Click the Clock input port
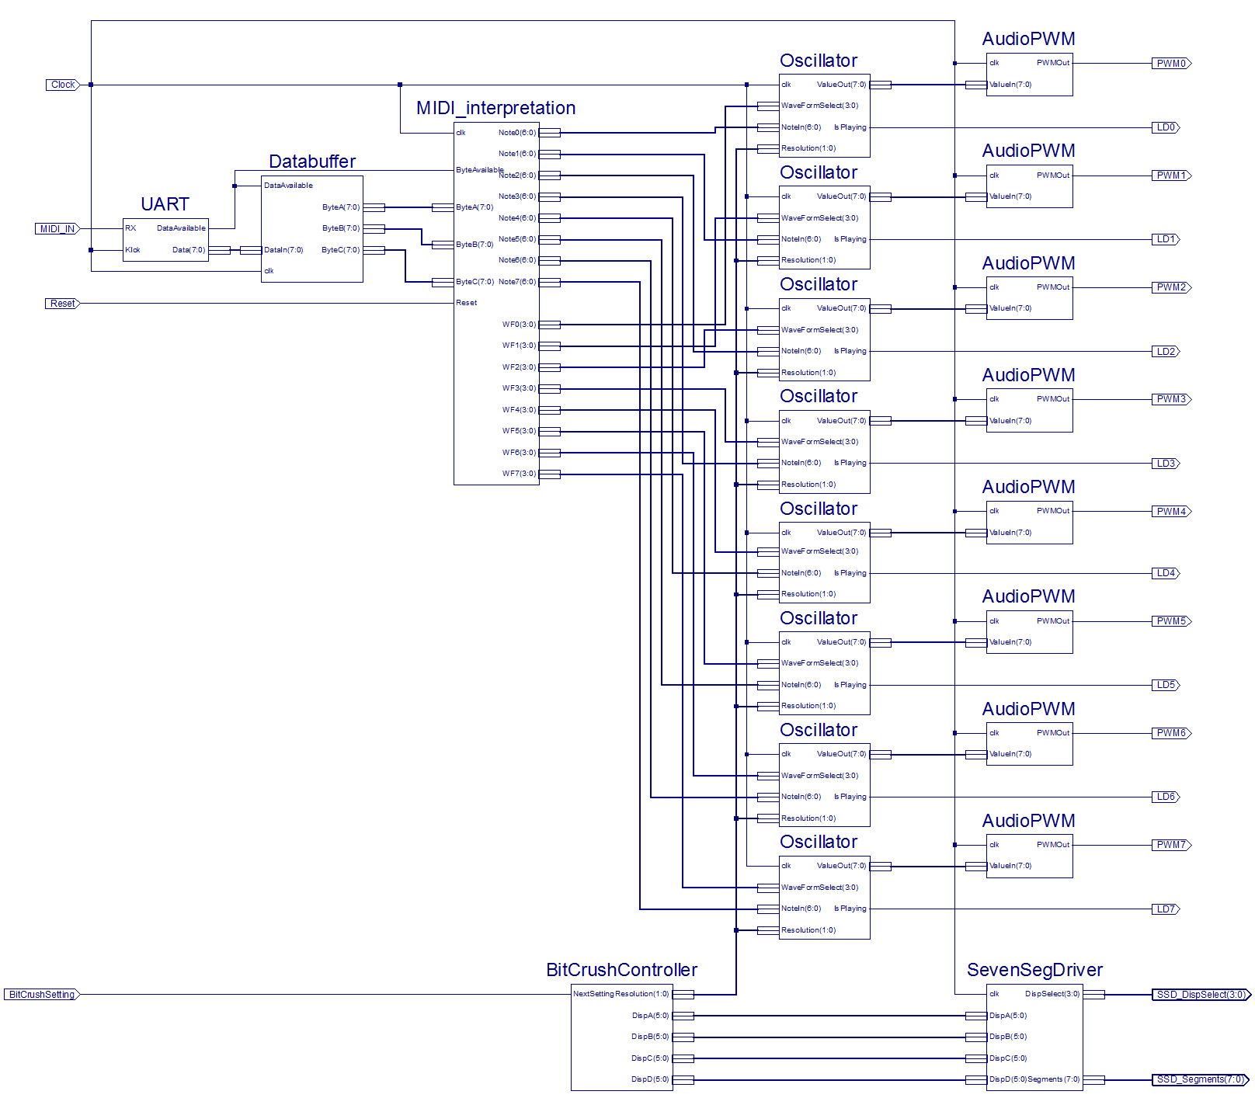pyautogui.click(x=63, y=85)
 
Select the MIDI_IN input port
pyautogui.click(x=57, y=229)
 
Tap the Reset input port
pyautogui.click(x=62, y=304)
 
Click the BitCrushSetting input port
pyautogui.click(x=42, y=995)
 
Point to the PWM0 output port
pyautogui.click(x=1171, y=64)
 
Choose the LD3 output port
pyautogui.click(x=1166, y=464)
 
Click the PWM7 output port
pyautogui.click(x=1171, y=845)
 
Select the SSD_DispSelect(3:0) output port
pyautogui.click(x=1201, y=995)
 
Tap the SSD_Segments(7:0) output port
pyautogui.click(x=1200, y=1079)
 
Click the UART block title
pyautogui.click(x=165, y=204)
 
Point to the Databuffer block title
pyautogui.click(x=312, y=162)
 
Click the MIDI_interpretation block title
pyautogui.click(x=495, y=108)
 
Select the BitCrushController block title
pyautogui.click(x=621, y=970)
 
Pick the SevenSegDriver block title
pyautogui.click(x=1034, y=970)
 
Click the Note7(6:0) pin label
pyautogui.click(x=517, y=282)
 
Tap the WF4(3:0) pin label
pyautogui.click(x=519, y=410)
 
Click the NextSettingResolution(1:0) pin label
pyautogui.click(x=621, y=994)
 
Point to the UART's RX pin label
pyautogui.click(x=130, y=228)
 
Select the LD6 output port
pyautogui.click(x=1166, y=797)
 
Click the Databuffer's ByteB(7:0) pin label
pyautogui.click(x=341, y=228)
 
